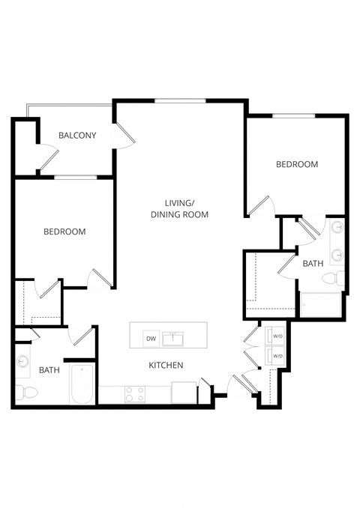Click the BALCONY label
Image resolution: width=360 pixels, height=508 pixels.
tap(78, 136)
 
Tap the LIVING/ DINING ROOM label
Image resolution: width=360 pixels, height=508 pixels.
tap(179, 209)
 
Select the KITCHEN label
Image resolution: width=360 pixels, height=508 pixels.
tap(166, 365)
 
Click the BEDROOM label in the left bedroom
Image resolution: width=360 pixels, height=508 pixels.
tap(64, 232)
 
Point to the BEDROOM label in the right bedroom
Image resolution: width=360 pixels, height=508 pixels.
tap(297, 164)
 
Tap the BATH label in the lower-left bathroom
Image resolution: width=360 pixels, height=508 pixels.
tap(49, 370)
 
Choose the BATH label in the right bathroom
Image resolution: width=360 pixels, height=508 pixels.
tap(313, 264)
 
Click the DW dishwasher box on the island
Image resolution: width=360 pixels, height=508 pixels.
tap(151, 339)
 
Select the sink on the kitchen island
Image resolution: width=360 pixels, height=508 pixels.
tap(175, 339)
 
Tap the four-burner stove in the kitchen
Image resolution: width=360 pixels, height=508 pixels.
tap(135, 393)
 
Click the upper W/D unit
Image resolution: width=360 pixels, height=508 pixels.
tap(276, 336)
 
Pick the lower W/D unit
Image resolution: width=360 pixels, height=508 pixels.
tap(276, 355)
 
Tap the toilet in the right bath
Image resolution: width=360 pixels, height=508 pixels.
tap(333, 279)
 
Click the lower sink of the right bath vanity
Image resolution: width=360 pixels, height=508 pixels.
tap(337, 254)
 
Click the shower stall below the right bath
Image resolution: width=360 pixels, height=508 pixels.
tap(321, 303)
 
